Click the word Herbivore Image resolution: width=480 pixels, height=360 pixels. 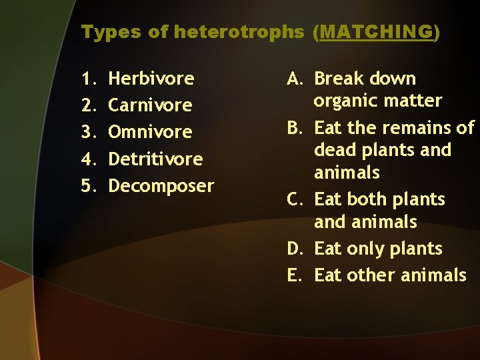(x=151, y=79)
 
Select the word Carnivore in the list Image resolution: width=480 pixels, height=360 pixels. (x=150, y=105)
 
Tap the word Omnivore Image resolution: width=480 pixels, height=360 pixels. (x=150, y=132)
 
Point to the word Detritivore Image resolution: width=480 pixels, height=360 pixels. (x=155, y=159)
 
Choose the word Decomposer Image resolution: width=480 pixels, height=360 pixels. (x=161, y=185)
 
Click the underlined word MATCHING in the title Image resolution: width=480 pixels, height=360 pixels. (x=376, y=32)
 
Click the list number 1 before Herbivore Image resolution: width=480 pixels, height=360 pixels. (x=88, y=79)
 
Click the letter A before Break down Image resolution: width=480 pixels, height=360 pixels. (x=296, y=79)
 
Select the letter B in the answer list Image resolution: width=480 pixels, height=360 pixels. (x=295, y=127)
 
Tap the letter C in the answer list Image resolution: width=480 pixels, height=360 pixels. (x=295, y=199)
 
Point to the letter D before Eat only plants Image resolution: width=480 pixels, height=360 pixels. (x=296, y=249)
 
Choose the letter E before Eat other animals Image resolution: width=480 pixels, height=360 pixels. (x=295, y=275)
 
